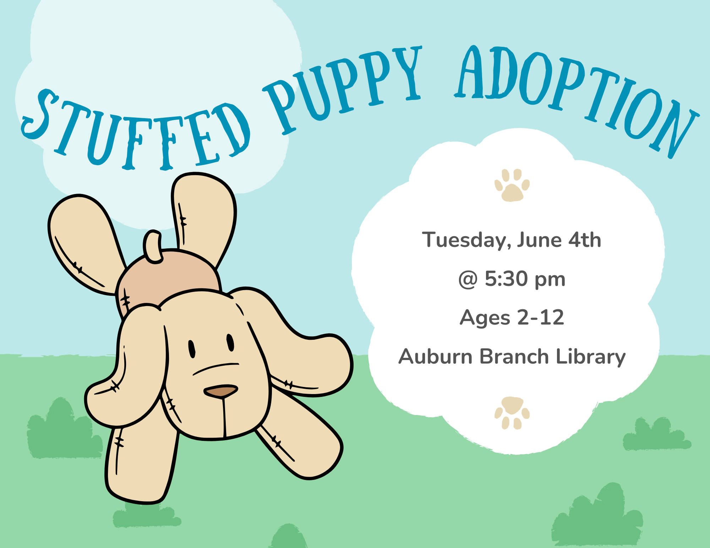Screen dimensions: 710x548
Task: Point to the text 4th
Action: point(585,240)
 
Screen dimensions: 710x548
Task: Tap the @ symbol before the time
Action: point(468,279)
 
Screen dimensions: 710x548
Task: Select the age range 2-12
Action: point(540,317)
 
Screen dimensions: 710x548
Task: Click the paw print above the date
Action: point(512,185)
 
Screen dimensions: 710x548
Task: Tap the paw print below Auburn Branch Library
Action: point(512,413)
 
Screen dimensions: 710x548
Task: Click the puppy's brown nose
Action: point(220,391)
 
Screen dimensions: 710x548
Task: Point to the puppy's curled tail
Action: point(153,247)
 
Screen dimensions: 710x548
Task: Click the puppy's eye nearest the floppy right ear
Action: point(230,343)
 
